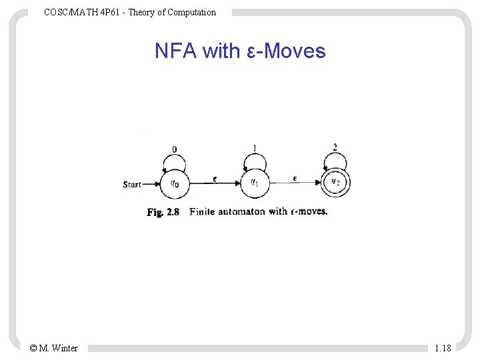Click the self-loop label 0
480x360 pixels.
(175, 149)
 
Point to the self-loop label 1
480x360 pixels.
(255, 148)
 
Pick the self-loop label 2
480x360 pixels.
(335, 147)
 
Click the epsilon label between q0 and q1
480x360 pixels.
(214, 179)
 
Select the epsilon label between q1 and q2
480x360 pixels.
(295, 179)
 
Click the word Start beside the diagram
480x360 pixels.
(132, 185)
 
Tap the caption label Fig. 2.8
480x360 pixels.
(163, 213)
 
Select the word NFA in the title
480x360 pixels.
(175, 51)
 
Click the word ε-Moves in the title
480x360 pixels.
(285, 51)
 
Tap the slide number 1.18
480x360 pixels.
(443, 348)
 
